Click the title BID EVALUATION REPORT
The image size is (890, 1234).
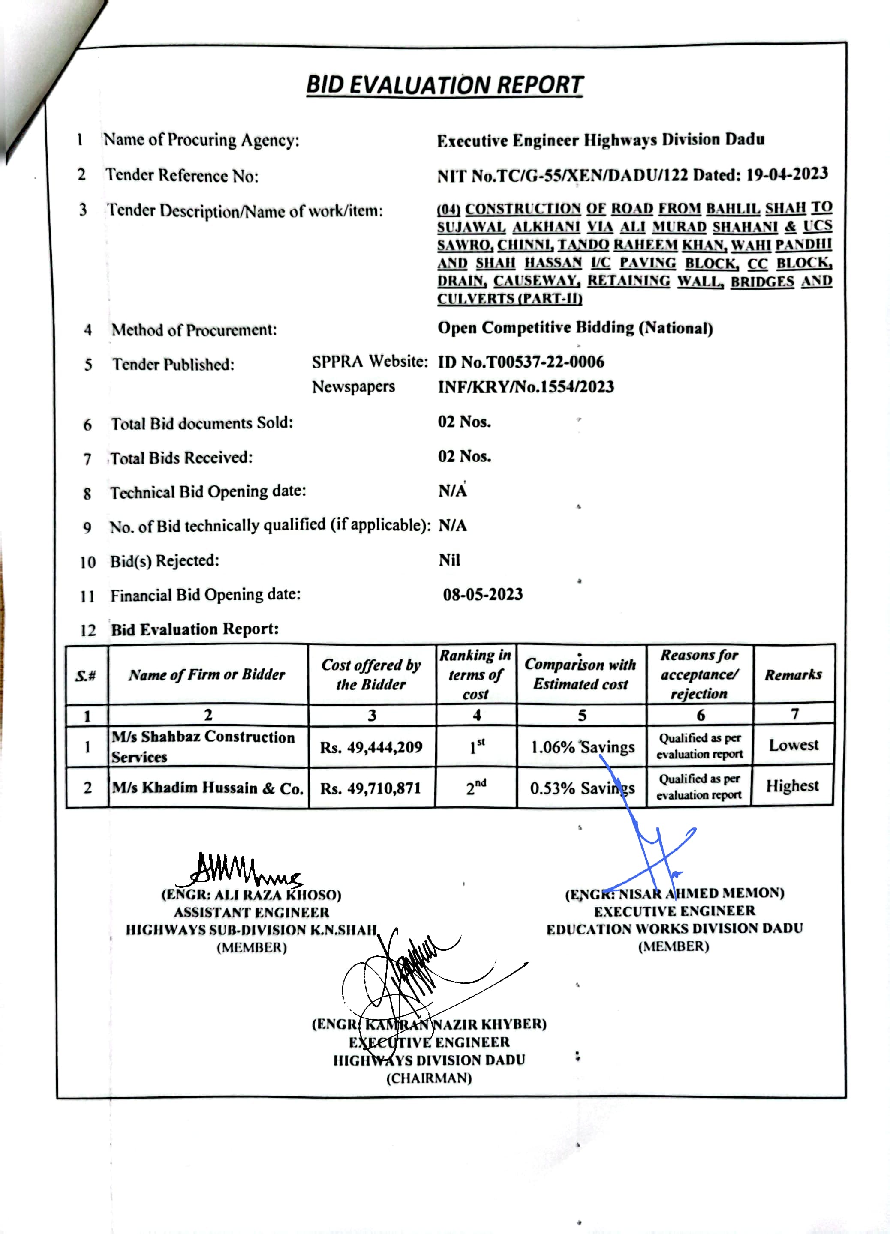pyautogui.click(x=444, y=85)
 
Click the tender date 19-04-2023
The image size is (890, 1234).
pyautogui.click(x=787, y=174)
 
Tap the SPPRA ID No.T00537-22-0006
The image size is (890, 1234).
pyautogui.click(x=521, y=362)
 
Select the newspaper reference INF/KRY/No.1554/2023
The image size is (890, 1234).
pyautogui.click(x=526, y=387)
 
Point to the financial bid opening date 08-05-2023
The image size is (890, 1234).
pyautogui.click(x=483, y=594)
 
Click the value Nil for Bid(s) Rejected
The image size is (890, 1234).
pyautogui.click(x=449, y=560)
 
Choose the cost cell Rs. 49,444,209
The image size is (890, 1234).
pyautogui.click(x=371, y=747)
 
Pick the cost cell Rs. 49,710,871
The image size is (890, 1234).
pyautogui.click(x=371, y=788)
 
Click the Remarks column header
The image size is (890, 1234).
pyautogui.click(x=793, y=675)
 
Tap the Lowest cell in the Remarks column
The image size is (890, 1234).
pyautogui.click(x=793, y=744)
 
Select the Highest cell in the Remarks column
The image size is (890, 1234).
pyautogui.click(x=792, y=786)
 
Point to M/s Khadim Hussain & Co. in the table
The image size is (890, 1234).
pyautogui.click(x=207, y=788)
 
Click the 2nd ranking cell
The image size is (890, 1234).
pyautogui.click(x=476, y=787)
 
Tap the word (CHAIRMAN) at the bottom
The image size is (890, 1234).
pyautogui.click(x=429, y=1078)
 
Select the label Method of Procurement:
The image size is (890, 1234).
pyautogui.click(x=194, y=330)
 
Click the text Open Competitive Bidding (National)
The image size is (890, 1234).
pyautogui.click(x=575, y=328)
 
